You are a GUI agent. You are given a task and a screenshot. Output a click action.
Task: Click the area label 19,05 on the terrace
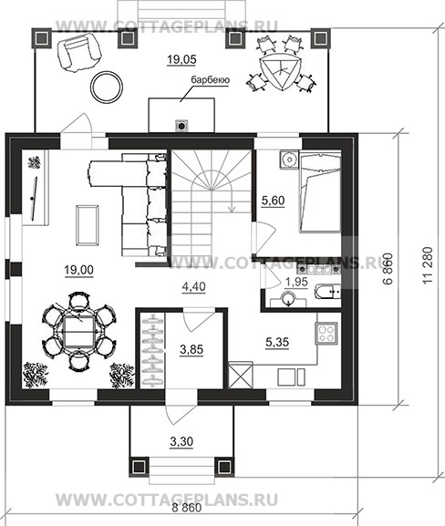(181, 60)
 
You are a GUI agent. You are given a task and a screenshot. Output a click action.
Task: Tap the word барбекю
(210, 80)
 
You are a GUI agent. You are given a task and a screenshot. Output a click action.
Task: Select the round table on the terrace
(107, 87)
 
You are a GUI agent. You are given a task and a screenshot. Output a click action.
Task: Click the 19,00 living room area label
(78, 270)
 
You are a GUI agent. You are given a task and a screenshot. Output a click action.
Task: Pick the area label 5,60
(273, 201)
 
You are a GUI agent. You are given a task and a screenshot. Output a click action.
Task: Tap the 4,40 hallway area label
(193, 287)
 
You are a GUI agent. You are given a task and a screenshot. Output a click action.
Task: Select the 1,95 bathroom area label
(296, 282)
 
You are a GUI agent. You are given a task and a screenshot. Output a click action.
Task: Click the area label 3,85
(191, 350)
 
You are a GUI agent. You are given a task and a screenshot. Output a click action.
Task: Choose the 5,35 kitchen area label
(277, 343)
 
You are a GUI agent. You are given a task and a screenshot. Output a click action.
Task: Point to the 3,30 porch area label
(181, 442)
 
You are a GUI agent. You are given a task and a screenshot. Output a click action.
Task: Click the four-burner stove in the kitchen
(326, 333)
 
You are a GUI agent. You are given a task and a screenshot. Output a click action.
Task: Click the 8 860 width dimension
(187, 508)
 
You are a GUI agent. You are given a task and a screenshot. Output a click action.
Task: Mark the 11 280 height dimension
(428, 265)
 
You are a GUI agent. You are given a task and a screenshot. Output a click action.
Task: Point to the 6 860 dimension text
(387, 269)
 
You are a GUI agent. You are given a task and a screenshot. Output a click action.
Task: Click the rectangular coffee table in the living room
(88, 225)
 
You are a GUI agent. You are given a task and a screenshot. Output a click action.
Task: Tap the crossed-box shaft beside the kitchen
(241, 375)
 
